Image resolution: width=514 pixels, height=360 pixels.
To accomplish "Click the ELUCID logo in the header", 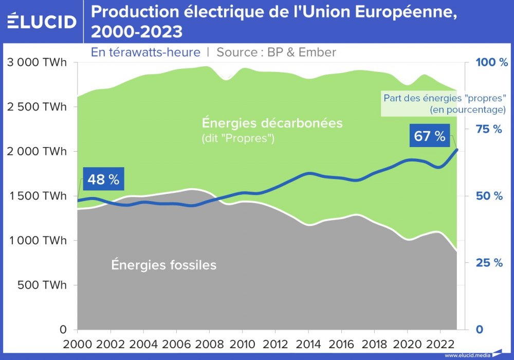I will tap(42, 22).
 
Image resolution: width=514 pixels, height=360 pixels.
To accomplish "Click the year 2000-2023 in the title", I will tap(137, 32).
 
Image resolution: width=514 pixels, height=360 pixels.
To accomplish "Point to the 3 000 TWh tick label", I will tap(36, 63).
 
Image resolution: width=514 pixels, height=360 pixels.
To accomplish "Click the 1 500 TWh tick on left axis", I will tap(36, 196).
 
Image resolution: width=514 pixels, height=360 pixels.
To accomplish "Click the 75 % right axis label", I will tap(489, 129).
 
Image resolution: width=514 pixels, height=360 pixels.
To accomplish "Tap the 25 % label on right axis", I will tap(489, 263).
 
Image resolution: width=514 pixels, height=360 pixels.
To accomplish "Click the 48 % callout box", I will tap(103, 179).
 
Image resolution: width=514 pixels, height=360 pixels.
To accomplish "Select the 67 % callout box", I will tap(429, 137).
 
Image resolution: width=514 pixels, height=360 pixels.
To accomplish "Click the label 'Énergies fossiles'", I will tap(164, 265).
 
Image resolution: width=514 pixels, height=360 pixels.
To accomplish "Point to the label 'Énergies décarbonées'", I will tap(272, 123).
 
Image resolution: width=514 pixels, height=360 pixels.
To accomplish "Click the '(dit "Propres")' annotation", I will tap(237, 139).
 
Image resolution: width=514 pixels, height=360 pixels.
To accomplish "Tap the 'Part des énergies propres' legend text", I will tap(445, 103).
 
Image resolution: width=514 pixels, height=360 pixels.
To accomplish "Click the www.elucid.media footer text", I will tap(467, 355).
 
